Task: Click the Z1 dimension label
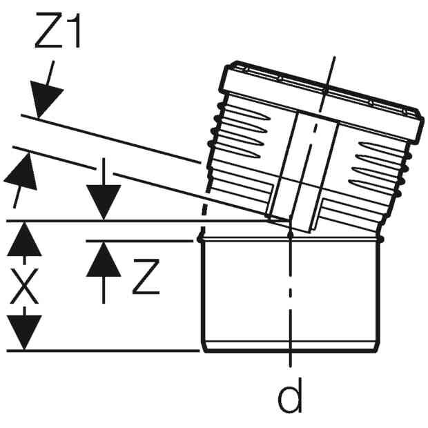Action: (58, 30)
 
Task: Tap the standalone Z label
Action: (146, 277)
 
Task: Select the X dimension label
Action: (24, 286)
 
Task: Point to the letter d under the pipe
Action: (290, 395)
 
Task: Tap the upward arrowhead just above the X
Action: (24, 239)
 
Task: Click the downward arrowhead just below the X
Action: (24, 332)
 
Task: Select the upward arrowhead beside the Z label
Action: (104, 260)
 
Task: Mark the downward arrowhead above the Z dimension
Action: (104, 202)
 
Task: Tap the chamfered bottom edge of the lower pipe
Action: (290, 347)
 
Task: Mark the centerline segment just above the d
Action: (290, 359)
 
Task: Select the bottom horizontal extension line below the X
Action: (103, 351)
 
